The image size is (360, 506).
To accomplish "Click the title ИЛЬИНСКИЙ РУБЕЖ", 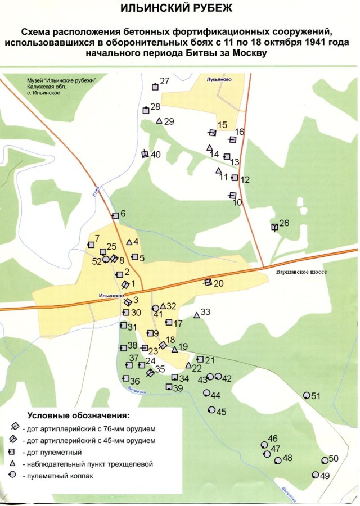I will click(x=181, y=9).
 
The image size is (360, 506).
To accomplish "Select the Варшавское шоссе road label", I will click(x=301, y=272).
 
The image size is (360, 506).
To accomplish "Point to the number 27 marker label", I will click(x=165, y=82).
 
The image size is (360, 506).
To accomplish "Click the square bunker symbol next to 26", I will click(x=274, y=227).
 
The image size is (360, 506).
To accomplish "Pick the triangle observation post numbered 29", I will click(x=159, y=121).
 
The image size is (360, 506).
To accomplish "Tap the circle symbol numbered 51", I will click(x=307, y=396).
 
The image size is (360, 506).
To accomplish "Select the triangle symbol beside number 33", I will click(x=197, y=316).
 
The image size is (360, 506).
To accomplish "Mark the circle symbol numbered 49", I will click(x=316, y=475).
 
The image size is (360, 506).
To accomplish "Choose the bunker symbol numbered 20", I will click(x=208, y=282).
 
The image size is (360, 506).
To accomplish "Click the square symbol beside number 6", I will click(x=115, y=215).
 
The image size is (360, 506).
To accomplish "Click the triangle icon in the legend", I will click(x=12, y=464).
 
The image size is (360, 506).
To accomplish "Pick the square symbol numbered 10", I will click(x=232, y=195).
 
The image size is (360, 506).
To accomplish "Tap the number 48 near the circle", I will click(x=287, y=458).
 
